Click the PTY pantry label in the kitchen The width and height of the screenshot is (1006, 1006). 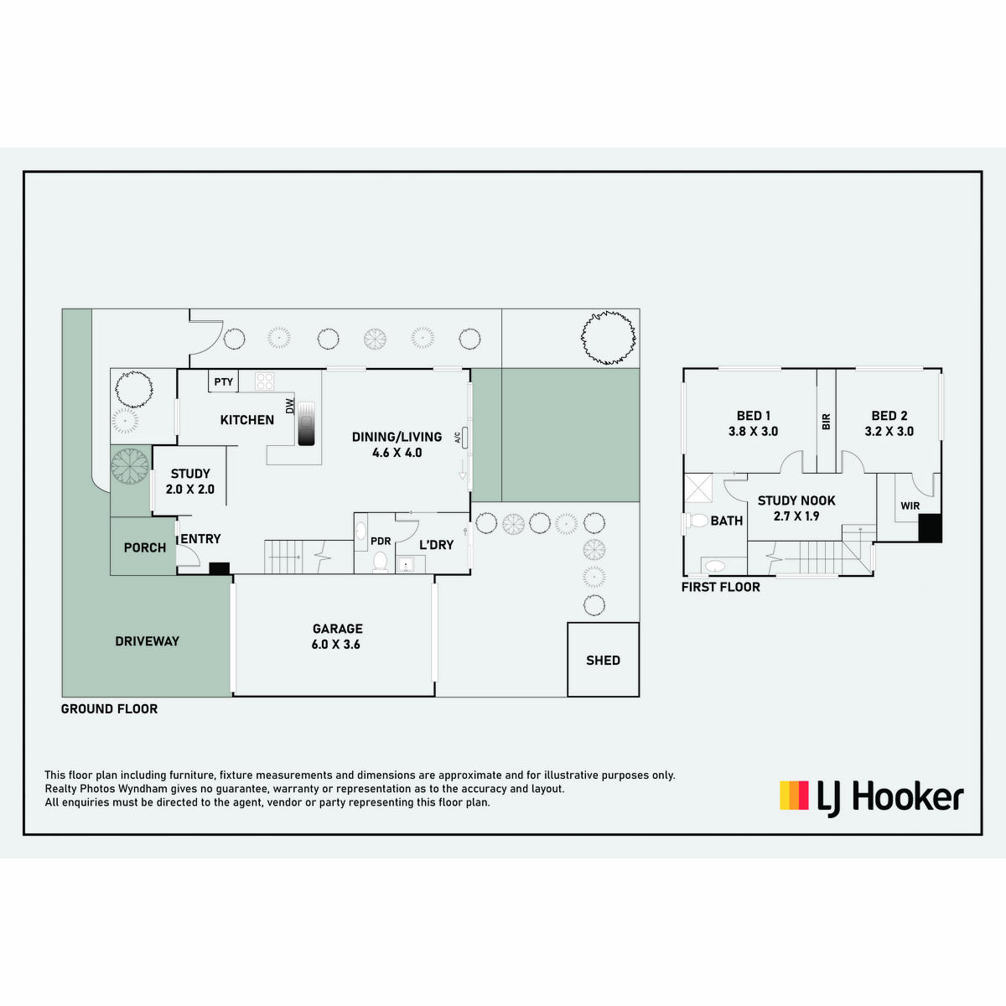point(224,381)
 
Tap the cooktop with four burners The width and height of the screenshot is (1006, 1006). point(264,381)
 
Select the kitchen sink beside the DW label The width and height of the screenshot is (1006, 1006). point(307,423)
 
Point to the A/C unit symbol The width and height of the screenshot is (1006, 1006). point(464,438)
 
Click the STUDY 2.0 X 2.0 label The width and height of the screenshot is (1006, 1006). point(190,481)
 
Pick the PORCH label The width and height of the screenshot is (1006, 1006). point(144,547)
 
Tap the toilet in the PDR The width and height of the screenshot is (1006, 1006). point(380,563)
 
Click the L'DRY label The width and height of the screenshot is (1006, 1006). point(437,545)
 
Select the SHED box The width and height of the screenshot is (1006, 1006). point(603,660)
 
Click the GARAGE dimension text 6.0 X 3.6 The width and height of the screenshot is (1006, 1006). point(335,645)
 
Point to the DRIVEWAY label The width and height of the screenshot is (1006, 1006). point(148,641)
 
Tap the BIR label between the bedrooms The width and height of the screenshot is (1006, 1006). point(826,422)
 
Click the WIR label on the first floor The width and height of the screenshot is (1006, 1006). point(910,506)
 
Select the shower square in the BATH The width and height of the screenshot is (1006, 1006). point(698,488)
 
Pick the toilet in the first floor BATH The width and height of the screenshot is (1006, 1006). point(697,521)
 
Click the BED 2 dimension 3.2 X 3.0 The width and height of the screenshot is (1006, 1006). point(889,431)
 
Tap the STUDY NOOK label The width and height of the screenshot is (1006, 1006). point(796,500)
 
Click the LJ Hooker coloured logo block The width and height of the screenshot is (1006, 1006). point(794,795)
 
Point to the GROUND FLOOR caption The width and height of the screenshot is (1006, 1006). point(109,709)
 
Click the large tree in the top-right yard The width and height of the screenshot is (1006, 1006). point(608,337)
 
